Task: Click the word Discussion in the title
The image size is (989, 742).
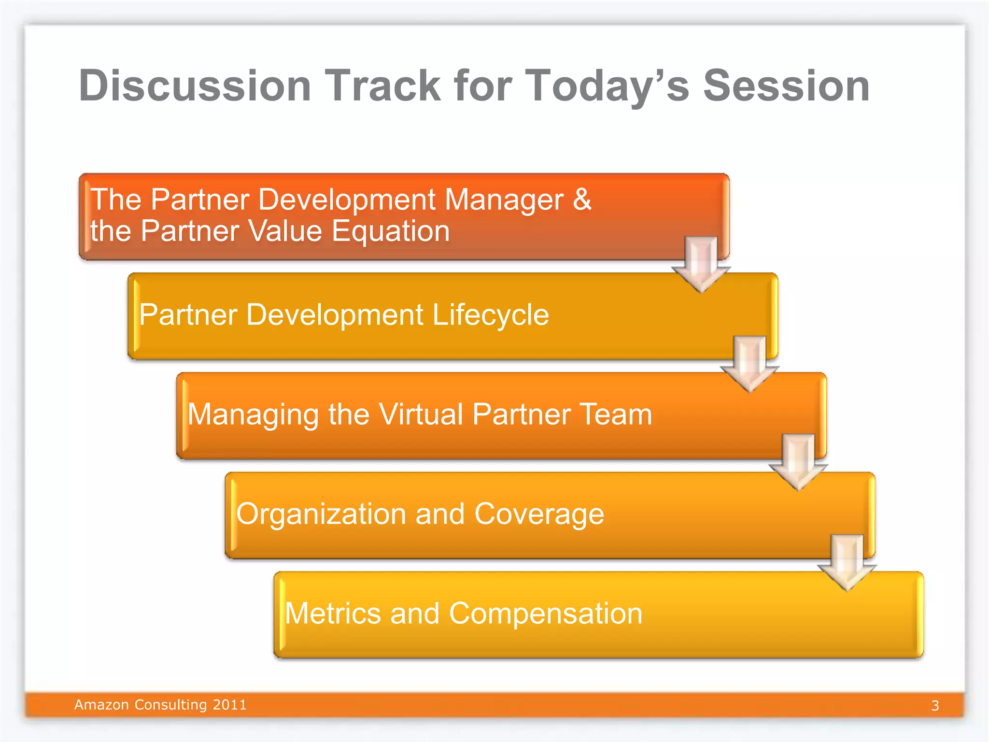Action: point(195,86)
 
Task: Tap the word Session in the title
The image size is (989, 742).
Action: point(786,86)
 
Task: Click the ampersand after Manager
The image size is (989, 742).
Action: point(582,199)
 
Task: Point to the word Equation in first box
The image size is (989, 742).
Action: point(391,231)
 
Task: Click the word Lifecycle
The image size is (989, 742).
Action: point(490,315)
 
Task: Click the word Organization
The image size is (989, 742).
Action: point(320,514)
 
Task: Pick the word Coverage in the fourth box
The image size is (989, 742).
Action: point(539,514)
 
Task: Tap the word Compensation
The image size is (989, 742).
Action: point(546,614)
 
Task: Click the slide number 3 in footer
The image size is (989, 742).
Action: point(935,706)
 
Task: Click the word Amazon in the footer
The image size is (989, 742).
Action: point(101,705)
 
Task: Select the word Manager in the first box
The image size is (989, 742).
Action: point(504,200)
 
